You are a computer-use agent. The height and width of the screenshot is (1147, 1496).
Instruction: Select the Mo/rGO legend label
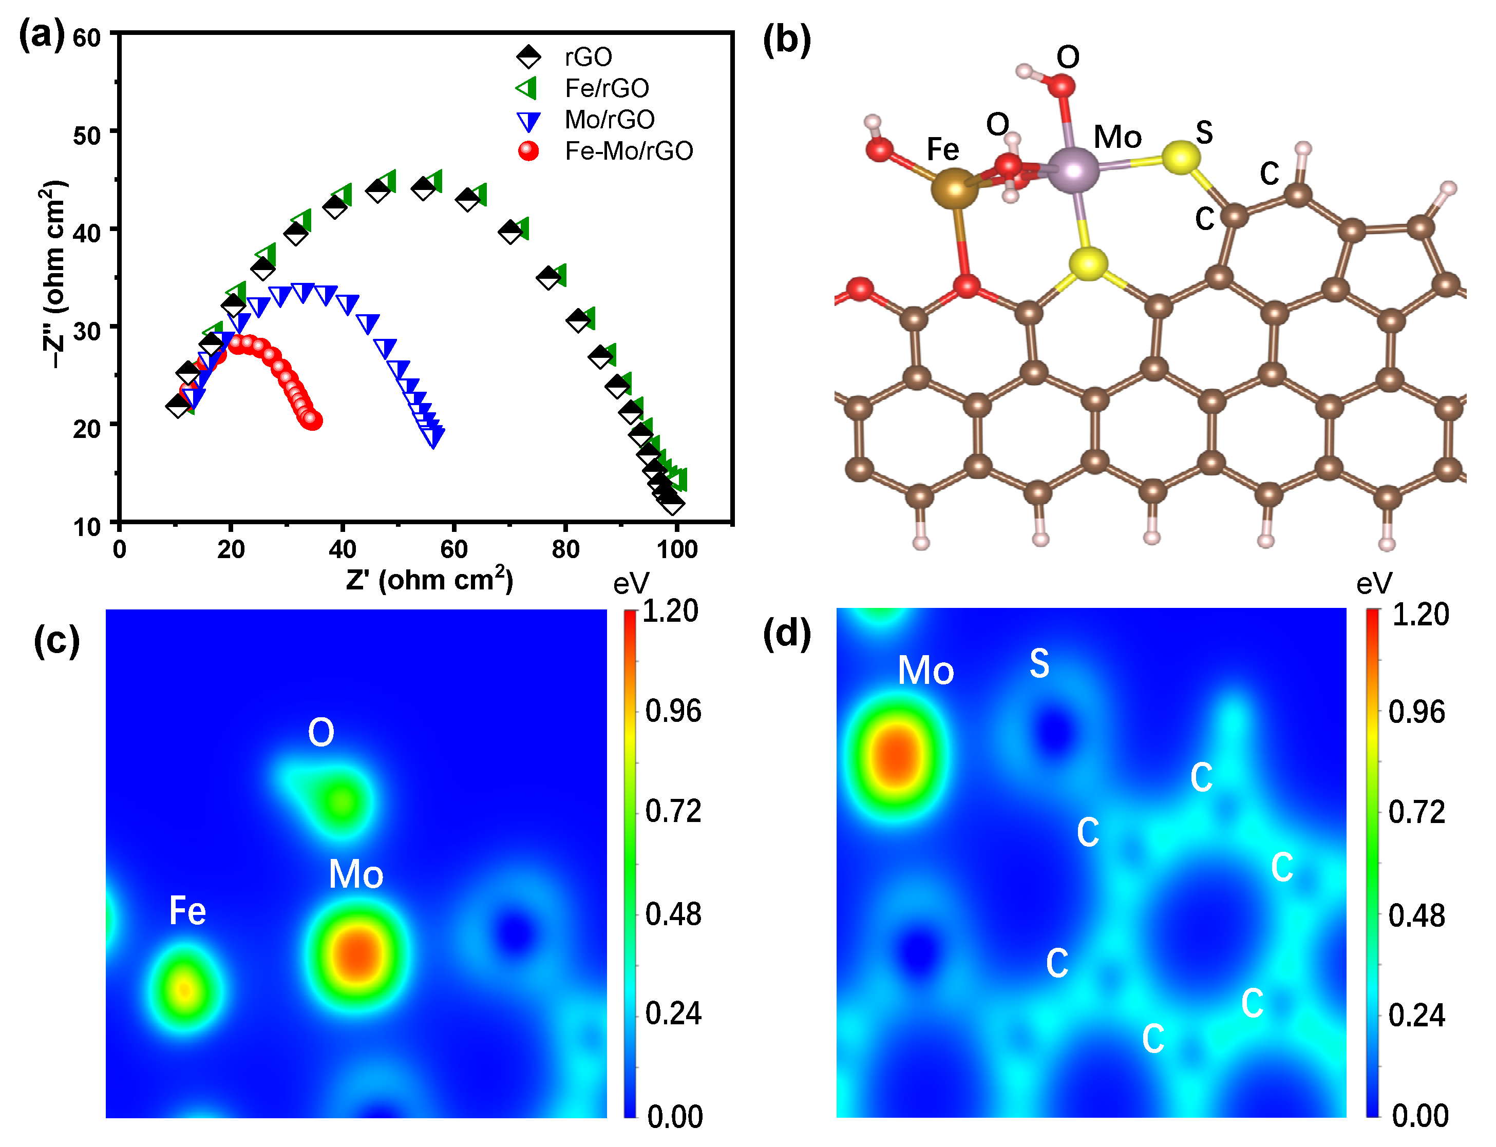pos(609,120)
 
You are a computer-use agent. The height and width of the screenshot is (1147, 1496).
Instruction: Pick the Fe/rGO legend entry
pos(607,88)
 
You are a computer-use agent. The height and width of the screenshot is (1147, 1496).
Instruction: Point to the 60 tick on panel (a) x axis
pos(453,549)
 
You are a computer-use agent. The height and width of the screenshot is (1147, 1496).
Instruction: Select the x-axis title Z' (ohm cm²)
pos(429,580)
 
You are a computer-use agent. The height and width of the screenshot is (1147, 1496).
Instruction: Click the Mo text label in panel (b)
pos(1117,137)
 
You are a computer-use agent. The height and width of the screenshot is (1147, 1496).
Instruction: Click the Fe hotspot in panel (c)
pos(184,988)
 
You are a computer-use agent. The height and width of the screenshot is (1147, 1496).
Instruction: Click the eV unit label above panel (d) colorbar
pos(1374,584)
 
